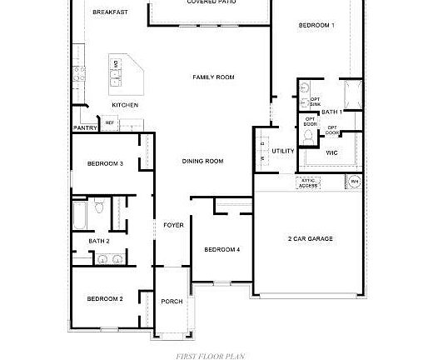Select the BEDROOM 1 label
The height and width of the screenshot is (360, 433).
coord(316,26)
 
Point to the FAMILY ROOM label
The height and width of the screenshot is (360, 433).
coord(213,77)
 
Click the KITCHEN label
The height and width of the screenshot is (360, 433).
coord(125,106)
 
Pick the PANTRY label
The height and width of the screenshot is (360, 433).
coord(85,128)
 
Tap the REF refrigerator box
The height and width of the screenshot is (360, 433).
coord(109,123)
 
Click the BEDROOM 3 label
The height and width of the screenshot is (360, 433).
coord(105,163)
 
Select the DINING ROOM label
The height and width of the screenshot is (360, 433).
coord(202,161)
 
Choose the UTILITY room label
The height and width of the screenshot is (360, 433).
coord(283,152)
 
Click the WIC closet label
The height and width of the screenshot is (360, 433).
coord(331,152)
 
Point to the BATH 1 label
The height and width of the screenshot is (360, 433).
coord(331,112)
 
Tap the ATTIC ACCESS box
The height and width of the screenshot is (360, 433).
coord(309,182)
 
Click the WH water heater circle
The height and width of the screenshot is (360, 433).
coord(354,182)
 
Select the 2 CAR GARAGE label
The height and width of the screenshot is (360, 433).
coord(310,239)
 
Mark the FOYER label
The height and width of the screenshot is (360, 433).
coord(173,225)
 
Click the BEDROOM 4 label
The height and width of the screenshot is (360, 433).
coord(222,249)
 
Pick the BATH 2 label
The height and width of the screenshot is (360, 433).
coord(99,242)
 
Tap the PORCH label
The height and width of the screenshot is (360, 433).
coord(172,301)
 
